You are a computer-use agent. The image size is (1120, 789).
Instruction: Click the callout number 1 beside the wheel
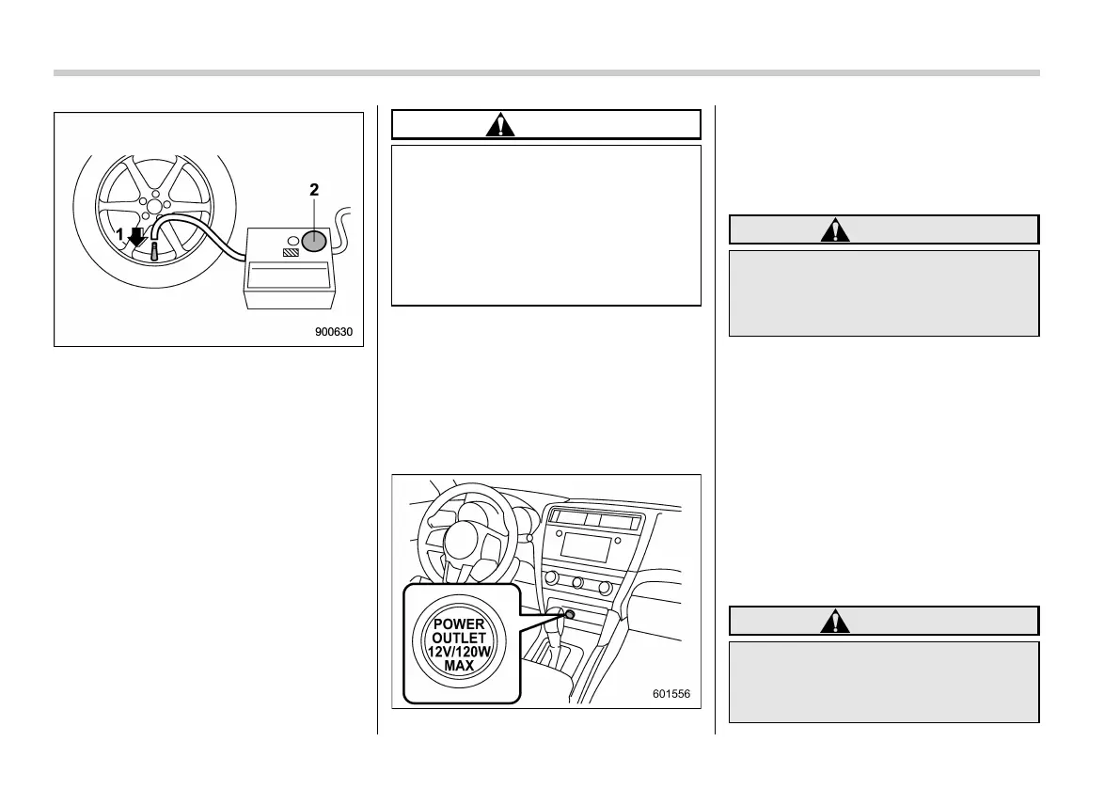[x=119, y=235]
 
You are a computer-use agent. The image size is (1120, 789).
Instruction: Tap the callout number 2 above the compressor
[x=314, y=189]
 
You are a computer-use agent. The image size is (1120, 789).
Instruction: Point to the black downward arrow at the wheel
[x=137, y=236]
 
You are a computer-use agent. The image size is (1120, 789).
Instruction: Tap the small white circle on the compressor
[x=292, y=239]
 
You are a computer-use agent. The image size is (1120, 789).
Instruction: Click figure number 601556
[x=671, y=695]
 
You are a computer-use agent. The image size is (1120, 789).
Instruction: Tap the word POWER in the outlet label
[x=460, y=623]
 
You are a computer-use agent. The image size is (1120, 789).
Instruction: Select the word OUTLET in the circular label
[x=460, y=637]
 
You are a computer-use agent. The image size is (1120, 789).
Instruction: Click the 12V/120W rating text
[x=460, y=651]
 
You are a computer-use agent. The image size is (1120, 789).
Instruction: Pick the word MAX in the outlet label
[x=460, y=665]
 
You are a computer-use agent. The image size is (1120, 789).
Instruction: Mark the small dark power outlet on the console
[x=570, y=614]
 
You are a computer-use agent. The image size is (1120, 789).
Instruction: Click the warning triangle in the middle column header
[x=500, y=125]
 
